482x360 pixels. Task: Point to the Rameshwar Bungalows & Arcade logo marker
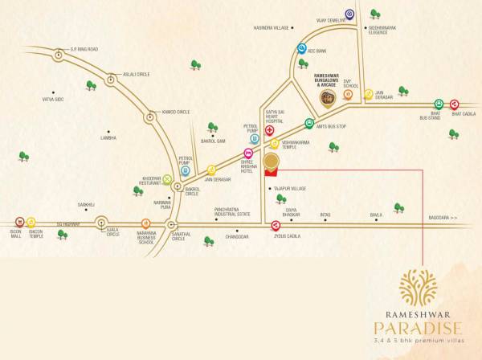point(328,99)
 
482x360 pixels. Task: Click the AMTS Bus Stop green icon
point(309,123)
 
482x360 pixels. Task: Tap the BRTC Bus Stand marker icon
point(439,104)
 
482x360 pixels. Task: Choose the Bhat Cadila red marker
point(455,104)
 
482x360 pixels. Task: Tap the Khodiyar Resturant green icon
point(167,179)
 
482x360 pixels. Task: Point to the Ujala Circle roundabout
point(102,222)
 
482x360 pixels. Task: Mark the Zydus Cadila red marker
point(276,225)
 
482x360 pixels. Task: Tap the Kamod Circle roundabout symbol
point(149,117)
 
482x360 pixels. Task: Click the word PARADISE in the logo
point(417,327)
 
